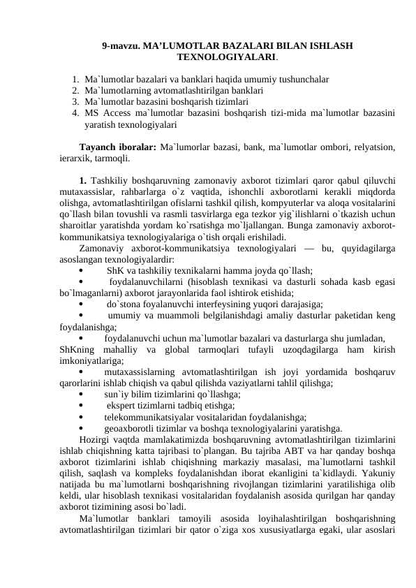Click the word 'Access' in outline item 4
pyautogui.click(x=115, y=112)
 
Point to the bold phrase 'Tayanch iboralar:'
pyautogui.click(x=117, y=147)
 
